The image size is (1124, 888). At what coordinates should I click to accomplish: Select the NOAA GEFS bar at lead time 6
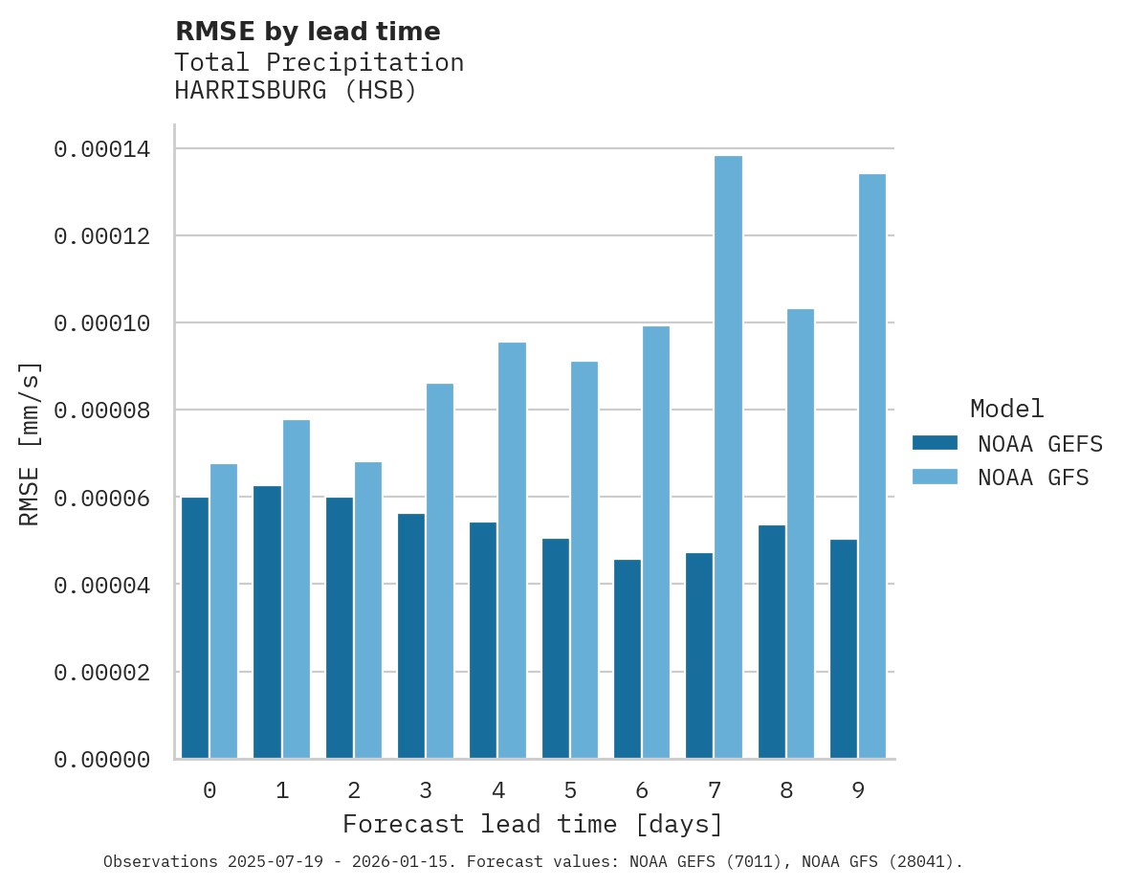(628, 659)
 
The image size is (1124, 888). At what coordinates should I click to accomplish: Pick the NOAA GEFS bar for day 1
(267, 622)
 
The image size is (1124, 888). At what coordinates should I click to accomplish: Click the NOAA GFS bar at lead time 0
(224, 611)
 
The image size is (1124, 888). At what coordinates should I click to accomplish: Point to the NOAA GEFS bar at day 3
(411, 636)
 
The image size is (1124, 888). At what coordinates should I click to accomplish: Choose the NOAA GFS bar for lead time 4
(512, 550)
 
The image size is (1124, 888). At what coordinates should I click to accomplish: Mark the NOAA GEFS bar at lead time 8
(772, 642)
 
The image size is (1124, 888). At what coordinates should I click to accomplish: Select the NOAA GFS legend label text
(1032, 477)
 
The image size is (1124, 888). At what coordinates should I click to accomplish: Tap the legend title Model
(1006, 410)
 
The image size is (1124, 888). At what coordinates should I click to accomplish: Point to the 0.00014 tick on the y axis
(101, 149)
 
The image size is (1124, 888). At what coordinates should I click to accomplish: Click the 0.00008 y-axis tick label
(101, 411)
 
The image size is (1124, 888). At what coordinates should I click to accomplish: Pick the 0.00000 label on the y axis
(101, 760)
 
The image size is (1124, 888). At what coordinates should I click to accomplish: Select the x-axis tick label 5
(570, 791)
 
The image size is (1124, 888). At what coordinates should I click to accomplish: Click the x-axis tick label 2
(354, 791)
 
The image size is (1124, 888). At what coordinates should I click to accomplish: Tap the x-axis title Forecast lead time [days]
(533, 825)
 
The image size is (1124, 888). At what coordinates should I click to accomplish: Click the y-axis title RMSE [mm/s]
(30, 444)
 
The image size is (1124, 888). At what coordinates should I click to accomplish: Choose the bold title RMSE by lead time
(307, 33)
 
